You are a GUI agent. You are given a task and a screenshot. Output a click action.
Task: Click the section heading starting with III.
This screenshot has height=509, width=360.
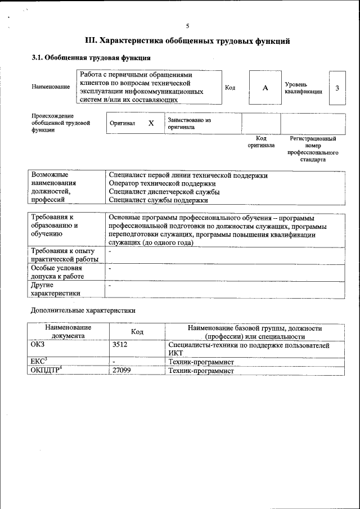pyautogui.click(x=187, y=41)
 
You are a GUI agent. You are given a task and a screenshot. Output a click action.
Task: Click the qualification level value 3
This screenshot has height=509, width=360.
pyautogui.click(x=337, y=88)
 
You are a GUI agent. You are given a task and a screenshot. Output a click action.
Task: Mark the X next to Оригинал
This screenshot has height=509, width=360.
pyautogui.click(x=151, y=123)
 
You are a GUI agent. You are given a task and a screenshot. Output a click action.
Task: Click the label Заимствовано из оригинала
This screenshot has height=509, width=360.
pyautogui.click(x=188, y=123)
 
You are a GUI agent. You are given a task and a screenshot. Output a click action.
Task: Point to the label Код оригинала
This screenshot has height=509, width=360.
pyautogui.click(x=261, y=142)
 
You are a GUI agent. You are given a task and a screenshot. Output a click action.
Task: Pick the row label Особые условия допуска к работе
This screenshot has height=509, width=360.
pyautogui.click(x=58, y=272)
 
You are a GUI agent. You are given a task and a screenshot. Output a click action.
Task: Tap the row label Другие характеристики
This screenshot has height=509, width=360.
pyautogui.click(x=56, y=289)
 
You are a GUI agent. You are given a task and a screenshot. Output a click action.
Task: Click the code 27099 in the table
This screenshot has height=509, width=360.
pyautogui.click(x=122, y=370)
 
